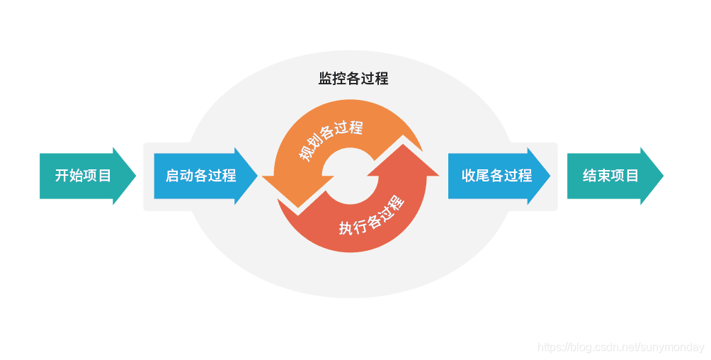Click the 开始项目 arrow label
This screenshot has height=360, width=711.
pyautogui.click(x=83, y=176)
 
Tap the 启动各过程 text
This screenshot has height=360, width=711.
pyautogui.click(x=200, y=176)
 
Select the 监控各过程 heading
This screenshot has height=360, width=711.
pyautogui.click(x=353, y=79)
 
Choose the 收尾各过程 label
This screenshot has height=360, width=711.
pyautogui.click(x=496, y=176)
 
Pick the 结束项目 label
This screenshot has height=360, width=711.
pyautogui.click(x=610, y=176)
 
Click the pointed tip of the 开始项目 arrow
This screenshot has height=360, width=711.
pyautogui.click(x=135, y=176)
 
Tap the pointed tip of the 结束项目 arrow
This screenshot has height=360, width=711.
pyautogui.click(x=662, y=176)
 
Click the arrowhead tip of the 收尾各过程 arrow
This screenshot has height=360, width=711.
pyautogui.click(x=550, y=176)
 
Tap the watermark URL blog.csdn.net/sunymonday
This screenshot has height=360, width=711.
pyautogui.click(x=621, y=347)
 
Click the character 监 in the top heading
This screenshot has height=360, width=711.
pyautogui.click(x=325, y=79)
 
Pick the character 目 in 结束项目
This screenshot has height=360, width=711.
pyautogui.click(x=632, y=176)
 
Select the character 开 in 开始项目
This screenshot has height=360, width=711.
pyautogui.click(x=62, y=176)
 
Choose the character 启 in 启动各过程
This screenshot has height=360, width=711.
pyautogui.click(x=172, y=176)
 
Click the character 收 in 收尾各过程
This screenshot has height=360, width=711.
pyautogui.click(x=468, y=176)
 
